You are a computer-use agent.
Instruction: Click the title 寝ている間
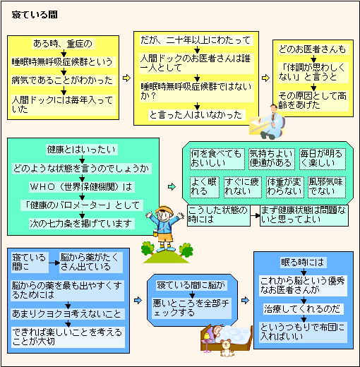(x=35, y=15)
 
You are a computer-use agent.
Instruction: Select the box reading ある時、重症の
(x=63, y=44)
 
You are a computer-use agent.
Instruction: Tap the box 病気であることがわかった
(x=63, y=80)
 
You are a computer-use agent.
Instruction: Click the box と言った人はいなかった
(x=196, y=115)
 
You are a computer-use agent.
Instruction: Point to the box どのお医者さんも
(x=313, y=49)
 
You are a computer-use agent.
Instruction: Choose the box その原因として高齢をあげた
(x=313, y=100)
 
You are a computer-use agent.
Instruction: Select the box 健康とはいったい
(x=82, y=150)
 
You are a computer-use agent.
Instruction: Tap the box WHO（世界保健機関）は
(x=81, y=187)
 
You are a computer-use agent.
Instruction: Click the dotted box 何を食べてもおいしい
(x=217, y=159)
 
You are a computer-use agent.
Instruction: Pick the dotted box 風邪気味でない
(x=327, y=187)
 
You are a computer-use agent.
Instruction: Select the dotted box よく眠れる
(x=205, y=187)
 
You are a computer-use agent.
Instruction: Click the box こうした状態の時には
(x=219, y=215)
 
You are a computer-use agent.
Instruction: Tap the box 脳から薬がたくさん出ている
(x=90, y=263)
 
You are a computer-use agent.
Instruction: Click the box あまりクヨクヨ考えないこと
(x=68, y=314)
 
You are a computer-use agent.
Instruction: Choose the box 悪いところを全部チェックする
(x=192, y=308)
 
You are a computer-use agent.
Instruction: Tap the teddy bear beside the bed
(x=227, y=348)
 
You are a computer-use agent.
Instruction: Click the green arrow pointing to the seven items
(x=172, y=187)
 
